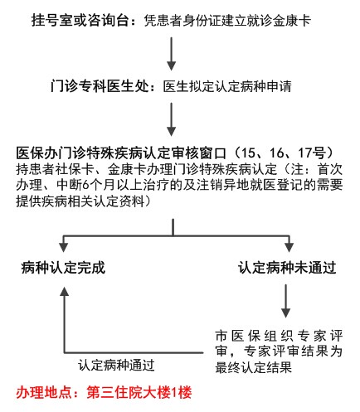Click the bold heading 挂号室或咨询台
click(80, 20)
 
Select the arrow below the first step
click(172, 54)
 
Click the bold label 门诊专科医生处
click(100, 86)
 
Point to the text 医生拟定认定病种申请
click(227, 86)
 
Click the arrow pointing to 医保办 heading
click(172, 119)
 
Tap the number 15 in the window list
click(251, 153)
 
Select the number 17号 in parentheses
click(311, 153)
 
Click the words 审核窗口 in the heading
click(198, 153)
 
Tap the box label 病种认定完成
click(63, 268)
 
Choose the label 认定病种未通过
click(287, 268)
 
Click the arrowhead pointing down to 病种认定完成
click(64, 247)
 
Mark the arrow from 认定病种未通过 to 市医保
click(285, 301)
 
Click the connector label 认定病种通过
click(116, 366)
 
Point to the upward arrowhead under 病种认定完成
click(65, 292)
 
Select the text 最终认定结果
click(254, 367)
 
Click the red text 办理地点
click(44, 392)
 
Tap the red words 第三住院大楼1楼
click(139, 392)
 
